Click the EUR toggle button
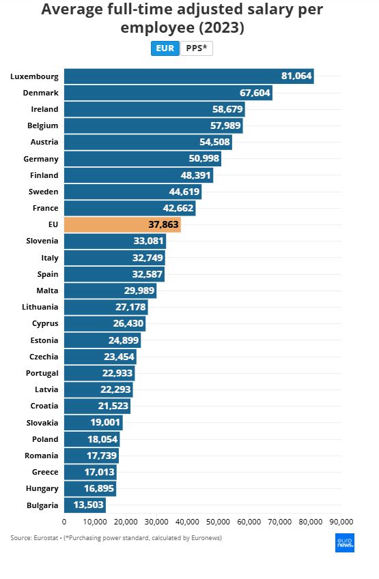point(165,48)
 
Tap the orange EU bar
point(122,224)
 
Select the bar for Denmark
point(168,93)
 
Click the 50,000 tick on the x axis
point(218,522)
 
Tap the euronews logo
point(345,543)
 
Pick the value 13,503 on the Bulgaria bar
point(86,505)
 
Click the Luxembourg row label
point(34,76)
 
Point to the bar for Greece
point(90,472)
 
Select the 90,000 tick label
point(341,522)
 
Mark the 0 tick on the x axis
point(64,522)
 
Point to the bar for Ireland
point(154,109)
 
